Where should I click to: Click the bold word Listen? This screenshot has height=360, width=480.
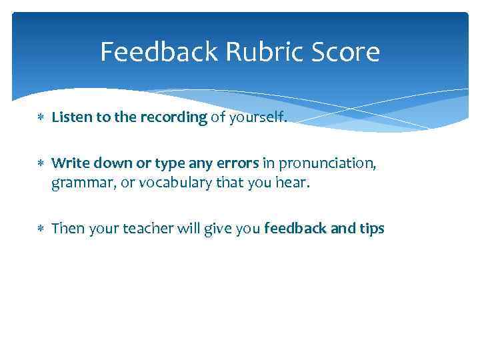[71, 118]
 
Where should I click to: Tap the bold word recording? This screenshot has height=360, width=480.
[175, 119]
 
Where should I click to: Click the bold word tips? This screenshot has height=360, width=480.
[371, 229]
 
